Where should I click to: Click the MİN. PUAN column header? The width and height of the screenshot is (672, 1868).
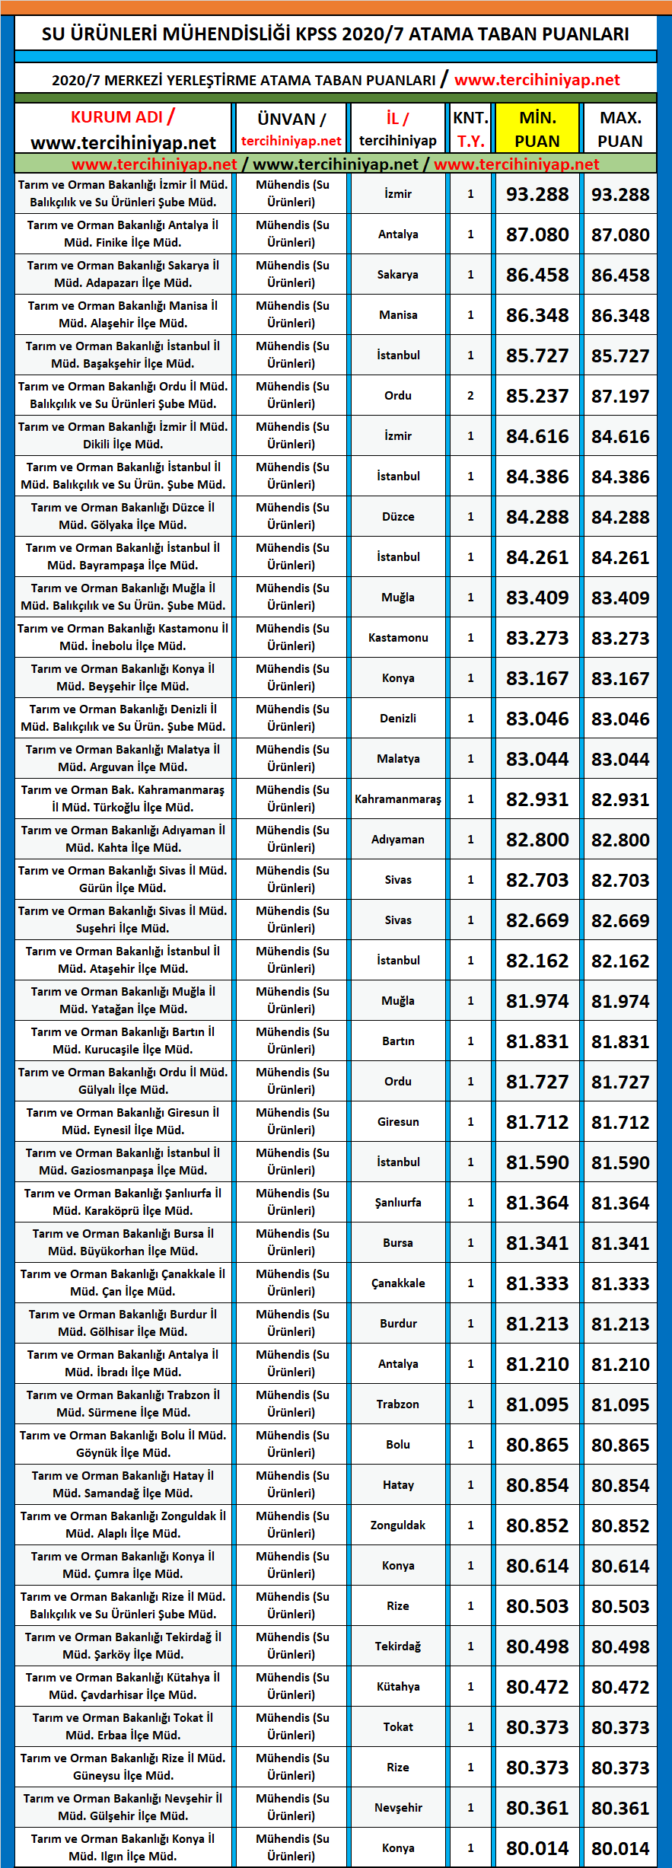coord(537,129)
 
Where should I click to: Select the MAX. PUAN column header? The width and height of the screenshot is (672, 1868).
coord(619,129)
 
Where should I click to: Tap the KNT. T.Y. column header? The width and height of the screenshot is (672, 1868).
coord(470,129)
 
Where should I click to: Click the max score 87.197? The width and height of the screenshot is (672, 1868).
coord(620,397)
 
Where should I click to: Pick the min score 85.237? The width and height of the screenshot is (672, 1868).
coord(537,397)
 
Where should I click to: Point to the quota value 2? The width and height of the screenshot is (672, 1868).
coord(470,396)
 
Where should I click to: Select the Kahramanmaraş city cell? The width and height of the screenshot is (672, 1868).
coord(398,799)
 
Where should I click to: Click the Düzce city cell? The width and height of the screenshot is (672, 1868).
coord(398,517)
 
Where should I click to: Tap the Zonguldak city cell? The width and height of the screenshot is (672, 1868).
coord(398,1525)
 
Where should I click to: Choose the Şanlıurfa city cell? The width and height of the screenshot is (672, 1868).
coord(398,1203)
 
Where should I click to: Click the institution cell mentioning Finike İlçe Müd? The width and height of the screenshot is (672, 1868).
coord(123,234)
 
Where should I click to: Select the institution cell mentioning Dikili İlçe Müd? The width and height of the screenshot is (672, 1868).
coord(123,436)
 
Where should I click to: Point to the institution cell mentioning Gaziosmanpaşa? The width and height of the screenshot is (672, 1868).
coord(123,1162)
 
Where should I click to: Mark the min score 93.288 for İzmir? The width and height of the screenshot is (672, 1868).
coord(537,195)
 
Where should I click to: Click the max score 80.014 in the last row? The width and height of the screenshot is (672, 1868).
coord(620,1848)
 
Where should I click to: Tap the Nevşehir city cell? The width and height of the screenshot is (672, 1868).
coord(398,1808)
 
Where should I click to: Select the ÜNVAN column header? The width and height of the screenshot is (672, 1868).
coord(291,120)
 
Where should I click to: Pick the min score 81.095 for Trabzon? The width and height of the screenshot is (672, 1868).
coord(537,1404)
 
